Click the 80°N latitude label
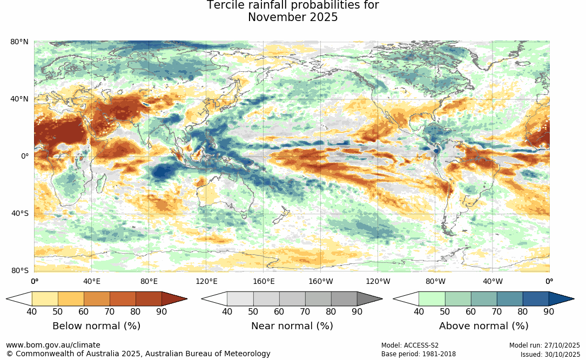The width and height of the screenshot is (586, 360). tap(19, 42)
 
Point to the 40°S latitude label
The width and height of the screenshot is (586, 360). tap(19, 213)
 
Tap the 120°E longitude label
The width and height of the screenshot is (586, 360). tap(206, 281)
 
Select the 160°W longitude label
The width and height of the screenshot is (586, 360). tap(320, 281)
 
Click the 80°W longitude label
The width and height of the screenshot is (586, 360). tap(435, 281)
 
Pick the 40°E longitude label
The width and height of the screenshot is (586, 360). tap(92, 281)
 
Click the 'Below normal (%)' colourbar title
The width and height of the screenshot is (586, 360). tap(96, 326)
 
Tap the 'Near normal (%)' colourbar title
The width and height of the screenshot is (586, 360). tap(292, 326)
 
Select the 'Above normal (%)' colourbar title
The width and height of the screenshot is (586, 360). tap(483, 326)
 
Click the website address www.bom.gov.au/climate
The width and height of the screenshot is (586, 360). tap(53, 345)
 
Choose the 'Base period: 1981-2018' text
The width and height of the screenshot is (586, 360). tap(419, 354)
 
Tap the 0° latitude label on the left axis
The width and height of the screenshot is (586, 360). tap(24, 156)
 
